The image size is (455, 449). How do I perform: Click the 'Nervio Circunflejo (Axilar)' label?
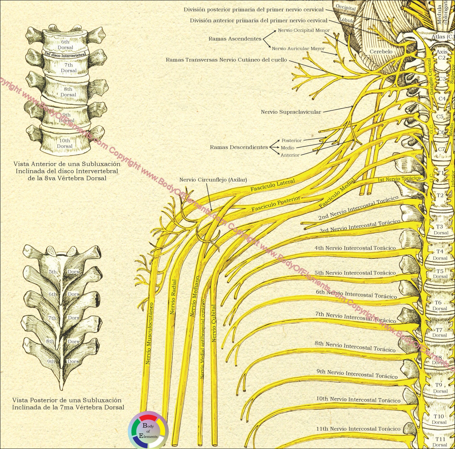(x=213, y=180)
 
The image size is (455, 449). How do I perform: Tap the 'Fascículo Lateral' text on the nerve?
(x=273, y=185)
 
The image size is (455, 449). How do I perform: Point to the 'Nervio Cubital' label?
(x=214, y=324)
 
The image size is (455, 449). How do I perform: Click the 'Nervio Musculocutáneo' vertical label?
(x=149, y=333)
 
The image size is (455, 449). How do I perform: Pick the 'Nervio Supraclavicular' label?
(x=291, y=112)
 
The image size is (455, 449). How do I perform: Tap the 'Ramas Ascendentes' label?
(x=235, y=39)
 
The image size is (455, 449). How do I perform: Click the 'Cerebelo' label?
(x=381, y=51)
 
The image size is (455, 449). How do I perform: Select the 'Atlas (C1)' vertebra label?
(x=443, y=37)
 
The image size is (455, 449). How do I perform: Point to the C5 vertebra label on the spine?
(x=440, y=117)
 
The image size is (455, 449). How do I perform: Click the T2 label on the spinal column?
(x=440, y=195)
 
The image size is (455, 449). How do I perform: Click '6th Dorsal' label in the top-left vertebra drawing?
(x=65, y=44)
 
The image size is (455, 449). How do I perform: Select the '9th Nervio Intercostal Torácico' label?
(x=357, y=374)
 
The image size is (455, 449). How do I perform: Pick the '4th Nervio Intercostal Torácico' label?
(x=355, y=248)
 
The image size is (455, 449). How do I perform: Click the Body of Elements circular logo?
(x=148, y=430)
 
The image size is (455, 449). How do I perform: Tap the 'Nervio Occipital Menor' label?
(x=304, y=31)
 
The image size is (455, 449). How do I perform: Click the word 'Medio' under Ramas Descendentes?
(x=287, y=148)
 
